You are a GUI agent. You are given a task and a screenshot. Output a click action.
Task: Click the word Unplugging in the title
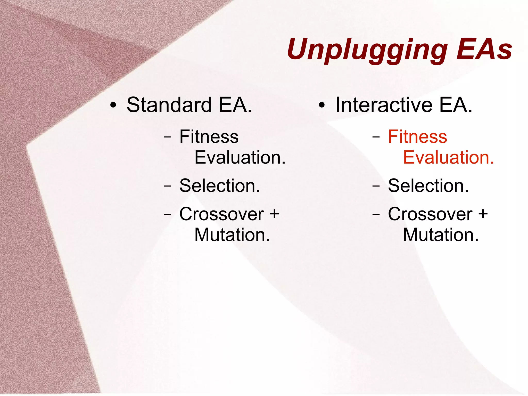(367, 50)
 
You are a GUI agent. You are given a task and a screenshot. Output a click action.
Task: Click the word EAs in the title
(484, 49)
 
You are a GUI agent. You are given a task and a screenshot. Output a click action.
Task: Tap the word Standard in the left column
(169, 105)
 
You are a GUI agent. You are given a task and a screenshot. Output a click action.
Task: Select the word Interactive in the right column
(384, 105)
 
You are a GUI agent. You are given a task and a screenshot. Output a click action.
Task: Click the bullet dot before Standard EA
(113, 106)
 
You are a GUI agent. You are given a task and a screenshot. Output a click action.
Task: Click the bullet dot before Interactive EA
(321, 106)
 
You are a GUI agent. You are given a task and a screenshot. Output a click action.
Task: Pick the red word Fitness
(417, 136)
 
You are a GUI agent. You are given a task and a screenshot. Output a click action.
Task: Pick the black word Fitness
(209, 136)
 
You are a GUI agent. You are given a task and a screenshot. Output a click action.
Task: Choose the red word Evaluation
(448, 157)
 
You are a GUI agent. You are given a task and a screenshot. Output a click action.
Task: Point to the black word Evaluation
(240, 157)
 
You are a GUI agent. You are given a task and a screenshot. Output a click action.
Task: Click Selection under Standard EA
(220, 185)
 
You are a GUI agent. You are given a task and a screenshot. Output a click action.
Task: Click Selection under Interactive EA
(428, 185)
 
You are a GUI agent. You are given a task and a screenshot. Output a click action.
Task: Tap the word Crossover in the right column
(430, 214)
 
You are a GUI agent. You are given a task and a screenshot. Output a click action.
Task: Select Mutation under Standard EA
(232, 235)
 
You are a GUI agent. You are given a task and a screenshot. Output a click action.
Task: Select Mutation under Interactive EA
(441, 235)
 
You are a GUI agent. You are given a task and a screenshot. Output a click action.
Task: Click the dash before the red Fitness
(376, 137)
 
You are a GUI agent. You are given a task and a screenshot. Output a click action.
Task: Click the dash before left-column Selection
(168, 186)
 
